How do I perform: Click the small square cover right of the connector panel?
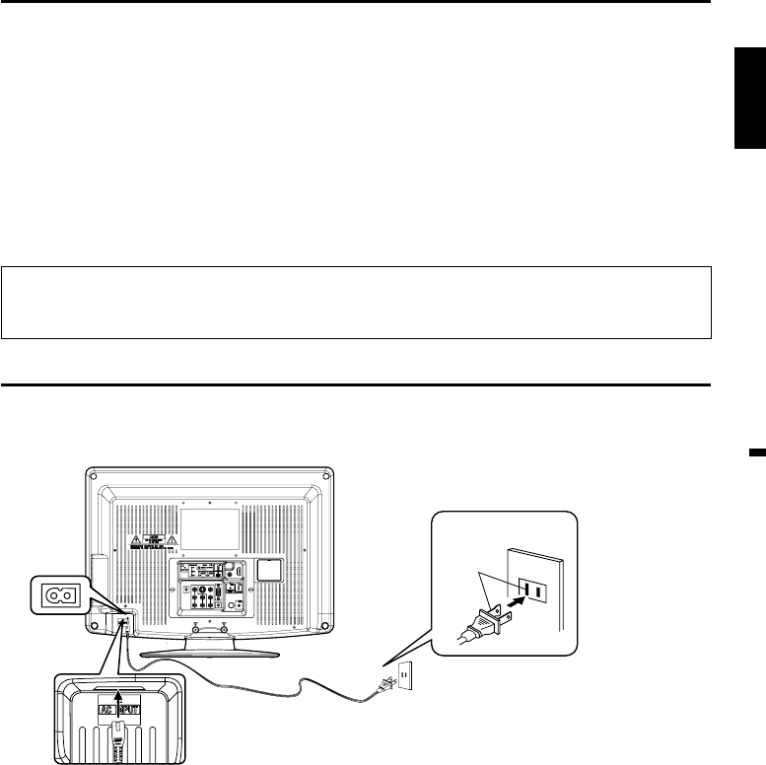(x=269, y=571)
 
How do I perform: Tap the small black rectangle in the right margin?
(x=756, y=452)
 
